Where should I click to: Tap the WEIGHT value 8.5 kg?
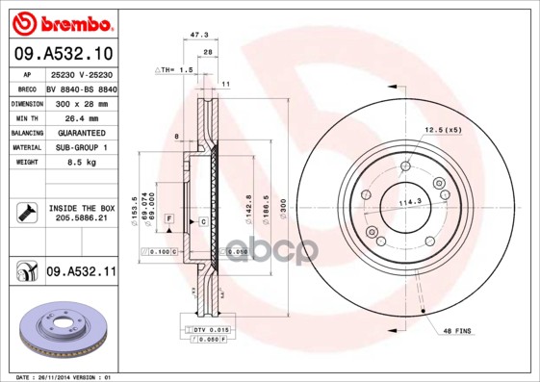81,163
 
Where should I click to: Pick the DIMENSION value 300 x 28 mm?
81,102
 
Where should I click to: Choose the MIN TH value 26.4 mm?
81,117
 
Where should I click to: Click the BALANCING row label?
26,132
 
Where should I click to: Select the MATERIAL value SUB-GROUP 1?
81,147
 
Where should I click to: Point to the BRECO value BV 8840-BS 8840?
81,88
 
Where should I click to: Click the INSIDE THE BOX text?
81,208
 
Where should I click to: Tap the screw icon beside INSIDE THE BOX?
26,213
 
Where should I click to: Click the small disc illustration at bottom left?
60,329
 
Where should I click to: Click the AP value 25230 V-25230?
81,73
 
